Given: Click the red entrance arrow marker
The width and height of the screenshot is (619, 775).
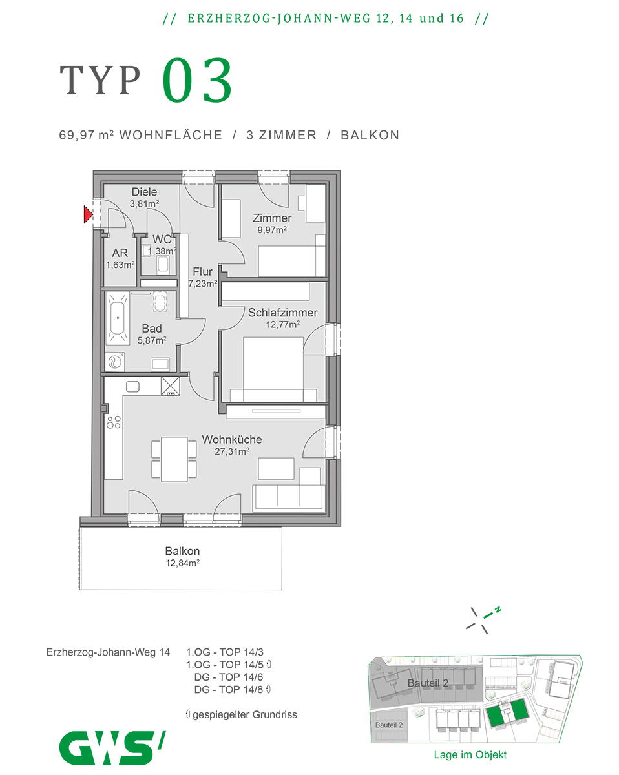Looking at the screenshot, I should pyautogui.click(x=89, y=214).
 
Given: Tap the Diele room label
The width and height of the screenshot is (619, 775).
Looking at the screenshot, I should pyautogui.click(x=145, y=192).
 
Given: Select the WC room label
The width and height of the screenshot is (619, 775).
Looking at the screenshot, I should pyautogui.click(x=162, y=240).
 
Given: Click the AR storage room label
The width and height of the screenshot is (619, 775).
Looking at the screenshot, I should pyautogui.click(x=120, y=253).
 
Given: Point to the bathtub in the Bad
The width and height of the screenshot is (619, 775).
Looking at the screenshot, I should pyautogui.click(x=118, y=317).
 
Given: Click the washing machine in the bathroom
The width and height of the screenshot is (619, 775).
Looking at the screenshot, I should pyautogui.click(x=116, y=362).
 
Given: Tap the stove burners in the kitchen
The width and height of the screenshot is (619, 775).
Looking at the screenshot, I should pyautogui.click(x=114, y=422).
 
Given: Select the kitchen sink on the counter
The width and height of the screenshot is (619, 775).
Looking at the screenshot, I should pyautogui.click(x=132, y=386).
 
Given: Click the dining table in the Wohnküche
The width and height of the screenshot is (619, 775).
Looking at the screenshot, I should pyautogui.click(x=174, y=459).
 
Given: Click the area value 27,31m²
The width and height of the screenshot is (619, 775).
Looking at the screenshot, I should pyautogui.click(x=232, y=452).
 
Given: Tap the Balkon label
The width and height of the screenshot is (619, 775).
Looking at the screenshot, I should pyautogui.click(x=182, y=551).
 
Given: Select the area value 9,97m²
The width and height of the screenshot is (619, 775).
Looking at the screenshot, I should pyautogui.click(x=272, y=229).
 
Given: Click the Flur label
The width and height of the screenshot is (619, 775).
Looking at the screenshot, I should pyautogui.click(x=202, y=272).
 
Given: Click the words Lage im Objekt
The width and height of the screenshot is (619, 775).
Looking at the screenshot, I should pyautogui.click(x=470, y=754).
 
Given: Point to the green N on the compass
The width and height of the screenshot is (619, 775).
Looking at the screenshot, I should pyautogui.click(x=498, y=609).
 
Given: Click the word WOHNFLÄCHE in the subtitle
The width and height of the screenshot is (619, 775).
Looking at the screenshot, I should pyautogui.click(x=171, y=135).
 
